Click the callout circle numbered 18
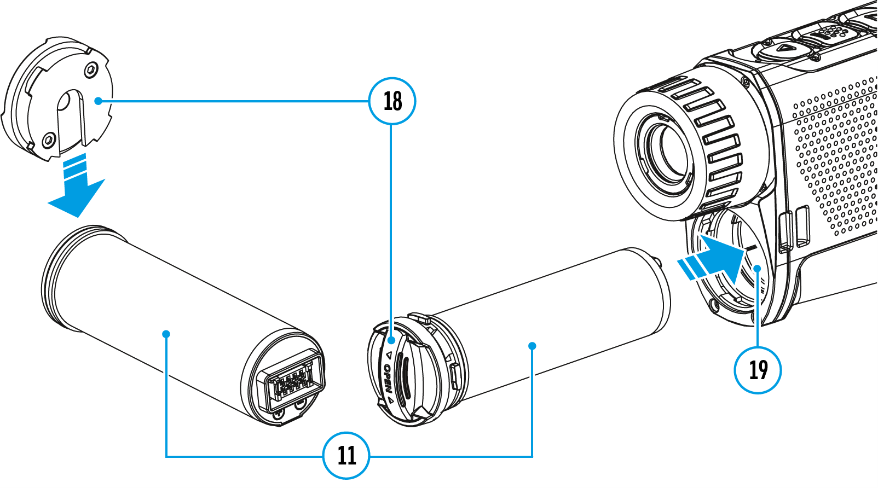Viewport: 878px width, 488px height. (392, 101)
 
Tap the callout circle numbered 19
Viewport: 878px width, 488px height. (758, 370)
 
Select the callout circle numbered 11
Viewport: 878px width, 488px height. (346, 455)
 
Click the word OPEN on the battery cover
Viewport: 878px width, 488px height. (388, 379)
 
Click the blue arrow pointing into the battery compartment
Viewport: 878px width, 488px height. (712, 257)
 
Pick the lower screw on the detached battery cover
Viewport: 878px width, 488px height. (48, 141)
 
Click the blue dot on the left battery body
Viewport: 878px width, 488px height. (166, 334)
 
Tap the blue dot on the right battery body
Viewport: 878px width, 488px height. (532, 346)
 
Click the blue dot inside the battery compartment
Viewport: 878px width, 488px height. (758, 268)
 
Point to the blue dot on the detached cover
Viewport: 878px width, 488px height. (97, 101)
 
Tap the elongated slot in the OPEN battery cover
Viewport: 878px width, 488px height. (402, 377)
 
